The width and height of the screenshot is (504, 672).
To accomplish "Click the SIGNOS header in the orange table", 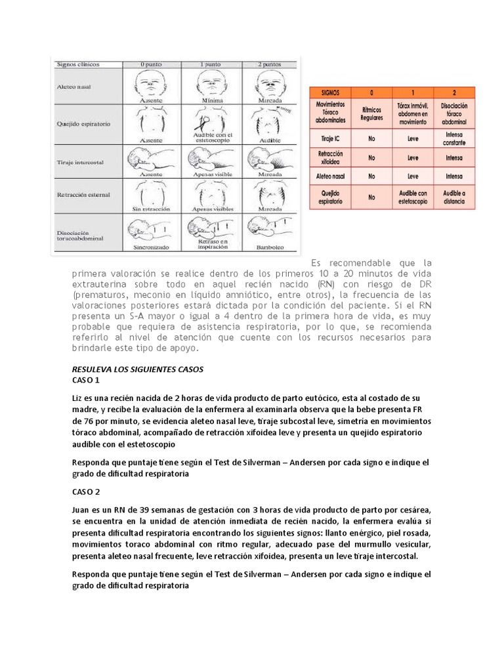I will tap(333, 92).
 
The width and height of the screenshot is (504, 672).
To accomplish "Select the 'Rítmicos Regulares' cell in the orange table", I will tap(371, 114).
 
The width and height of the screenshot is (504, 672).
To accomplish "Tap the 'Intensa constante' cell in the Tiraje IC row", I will tap(453, 138).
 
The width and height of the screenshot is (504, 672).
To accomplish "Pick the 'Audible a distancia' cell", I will tap(453, 197).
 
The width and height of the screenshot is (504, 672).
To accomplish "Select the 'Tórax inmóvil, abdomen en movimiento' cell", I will tap(412, 114).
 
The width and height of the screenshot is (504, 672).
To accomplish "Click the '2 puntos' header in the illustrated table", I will tap(270, 64).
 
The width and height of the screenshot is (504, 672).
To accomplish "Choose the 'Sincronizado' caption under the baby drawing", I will tap(151, 249).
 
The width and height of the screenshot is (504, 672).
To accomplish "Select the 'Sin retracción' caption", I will tap(151, 207).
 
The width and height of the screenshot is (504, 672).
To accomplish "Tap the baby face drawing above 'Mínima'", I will tap(211, 84).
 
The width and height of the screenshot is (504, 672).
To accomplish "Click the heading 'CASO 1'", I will tap(85, 380).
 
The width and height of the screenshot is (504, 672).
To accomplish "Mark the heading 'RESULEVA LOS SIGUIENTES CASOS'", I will tap(138, 369).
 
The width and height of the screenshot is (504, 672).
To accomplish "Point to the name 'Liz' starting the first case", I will tap(78, 399).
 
